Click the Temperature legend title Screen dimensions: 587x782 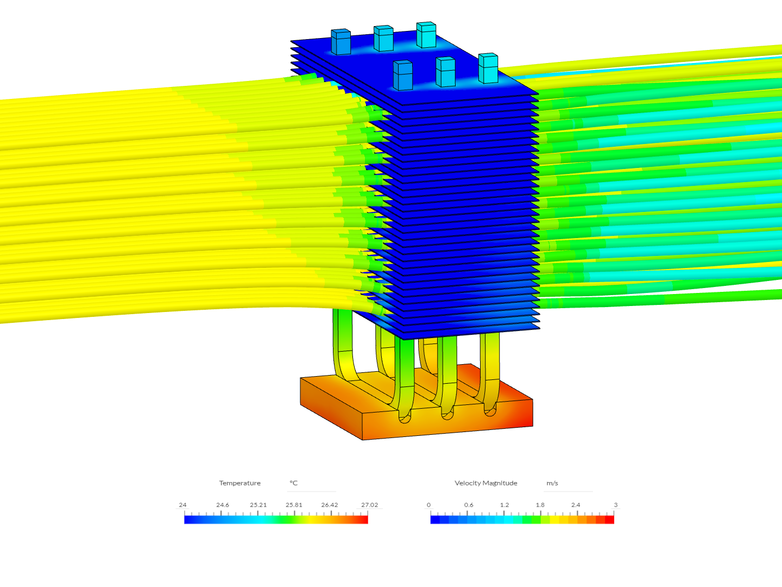(x=239, y=483)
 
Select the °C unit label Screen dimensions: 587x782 (x=293, y=483)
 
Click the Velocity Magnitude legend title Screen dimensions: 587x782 (x=485, y=483)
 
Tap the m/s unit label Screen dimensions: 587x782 (x=552, y=483)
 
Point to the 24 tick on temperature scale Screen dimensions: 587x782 (x=182, y=505)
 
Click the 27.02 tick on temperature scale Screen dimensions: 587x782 (x=369, y=505)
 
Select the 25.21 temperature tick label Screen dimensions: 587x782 (x=258, y=505)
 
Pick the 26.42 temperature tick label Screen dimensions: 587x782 (x=329, y=505)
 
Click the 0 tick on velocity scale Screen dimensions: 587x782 (x=428, y=505)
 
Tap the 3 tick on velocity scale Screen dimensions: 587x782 (x=615, y=505)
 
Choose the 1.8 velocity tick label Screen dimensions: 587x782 (x=540, y=505)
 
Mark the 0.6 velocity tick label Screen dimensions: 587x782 (x=468, y=505)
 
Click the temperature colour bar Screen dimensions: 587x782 (x=276, y=520)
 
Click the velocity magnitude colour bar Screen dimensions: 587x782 (x=522, y=520)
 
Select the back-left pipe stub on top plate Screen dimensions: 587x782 (x=340, y=42)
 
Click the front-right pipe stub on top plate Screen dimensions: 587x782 (x=488, y=68)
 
